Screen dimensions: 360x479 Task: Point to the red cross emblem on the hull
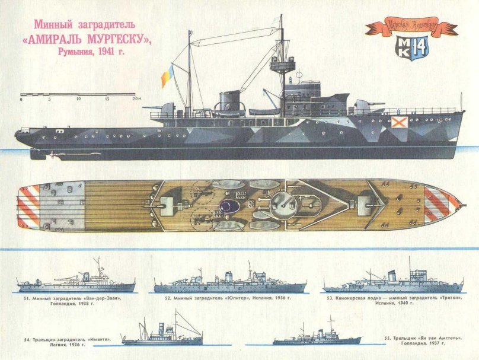click(x=398, y=123)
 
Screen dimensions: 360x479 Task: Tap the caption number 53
click(x=330, y=298)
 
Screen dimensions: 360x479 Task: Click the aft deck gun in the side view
click(x=167, y=109)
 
